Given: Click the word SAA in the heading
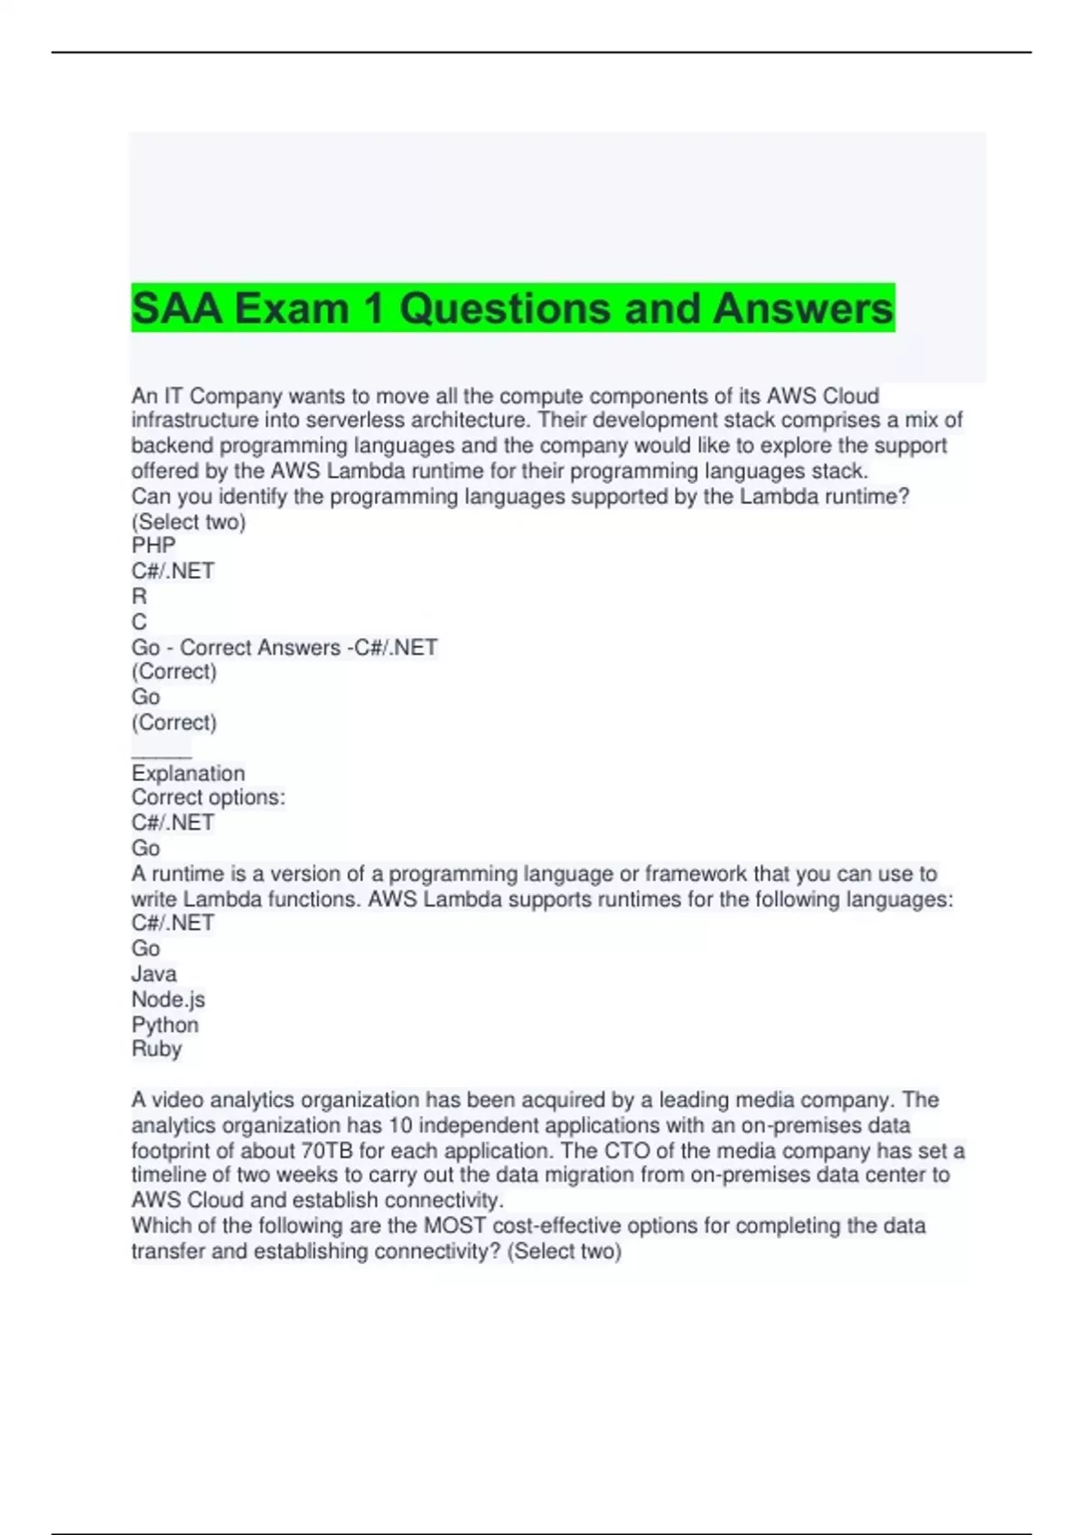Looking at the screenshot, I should pos(177,309).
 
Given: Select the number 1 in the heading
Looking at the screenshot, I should pos(373,309).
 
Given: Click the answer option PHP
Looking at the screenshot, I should pos(154,545).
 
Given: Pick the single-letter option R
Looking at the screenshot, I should pos(139,596).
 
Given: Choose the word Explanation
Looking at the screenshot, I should pos(188,773).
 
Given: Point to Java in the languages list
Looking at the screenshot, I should pos(154,973).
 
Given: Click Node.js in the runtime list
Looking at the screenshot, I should pos(168,1000).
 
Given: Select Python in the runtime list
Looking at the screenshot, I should pos(164,1025).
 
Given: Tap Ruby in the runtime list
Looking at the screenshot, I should pos(156,1049).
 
